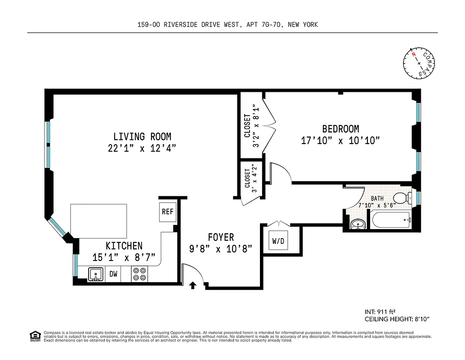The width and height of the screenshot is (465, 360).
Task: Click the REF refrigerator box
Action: pos(167,212)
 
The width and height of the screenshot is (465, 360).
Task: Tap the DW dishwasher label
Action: pos(113,274)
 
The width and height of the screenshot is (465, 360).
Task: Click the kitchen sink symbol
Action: pos(95,274)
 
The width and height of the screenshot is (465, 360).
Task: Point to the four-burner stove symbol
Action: pos(139,274)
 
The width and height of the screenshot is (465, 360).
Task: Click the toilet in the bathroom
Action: pos(402,198)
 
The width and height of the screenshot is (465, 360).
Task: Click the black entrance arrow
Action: pos(193,285)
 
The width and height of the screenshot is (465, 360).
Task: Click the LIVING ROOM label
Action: pos(142,136)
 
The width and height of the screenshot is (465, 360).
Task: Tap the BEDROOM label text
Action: pos(340,129)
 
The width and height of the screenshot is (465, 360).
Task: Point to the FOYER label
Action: pos(220,237)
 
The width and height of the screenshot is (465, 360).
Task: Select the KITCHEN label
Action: pos(124,246)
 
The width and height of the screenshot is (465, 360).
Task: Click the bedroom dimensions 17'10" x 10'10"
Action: pos(340,141)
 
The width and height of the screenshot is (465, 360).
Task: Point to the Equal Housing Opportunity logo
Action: pos(34,335)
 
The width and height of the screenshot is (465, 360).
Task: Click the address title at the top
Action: pos(228,25)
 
